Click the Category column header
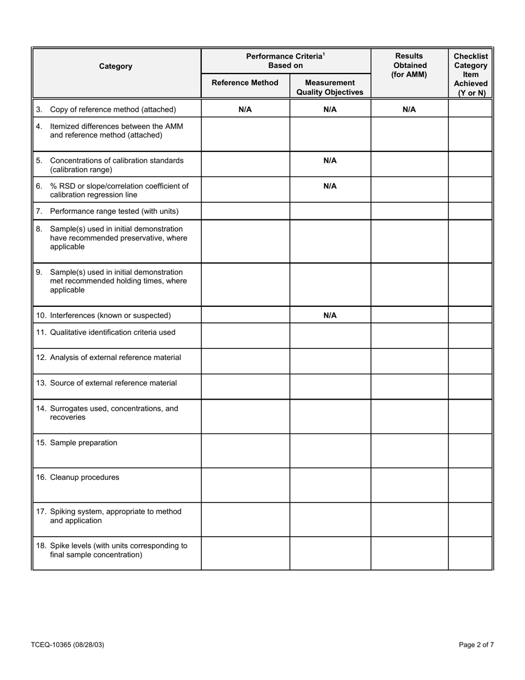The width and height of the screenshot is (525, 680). (116, 66)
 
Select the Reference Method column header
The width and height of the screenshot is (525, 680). (245, 83)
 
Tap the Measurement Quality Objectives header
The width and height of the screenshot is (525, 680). (330, 87)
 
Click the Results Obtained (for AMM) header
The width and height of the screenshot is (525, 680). (409, 65)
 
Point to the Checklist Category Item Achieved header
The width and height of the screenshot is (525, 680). (470, 74)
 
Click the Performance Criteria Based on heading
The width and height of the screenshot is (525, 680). (285, 61)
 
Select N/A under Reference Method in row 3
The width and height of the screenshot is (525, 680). (245, 109)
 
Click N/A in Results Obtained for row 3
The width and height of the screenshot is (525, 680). (409, 109)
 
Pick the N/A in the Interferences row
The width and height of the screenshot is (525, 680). (330, 316)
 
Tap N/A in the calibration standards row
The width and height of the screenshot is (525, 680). (330, 161)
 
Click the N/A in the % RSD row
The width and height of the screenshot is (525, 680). (330, 186)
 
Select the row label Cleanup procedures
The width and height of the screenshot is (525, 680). (84, 478)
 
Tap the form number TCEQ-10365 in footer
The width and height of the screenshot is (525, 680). (67, 645)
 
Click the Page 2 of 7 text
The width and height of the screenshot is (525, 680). (476, 645)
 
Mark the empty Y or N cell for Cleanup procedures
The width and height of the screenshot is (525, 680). (470, 485)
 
